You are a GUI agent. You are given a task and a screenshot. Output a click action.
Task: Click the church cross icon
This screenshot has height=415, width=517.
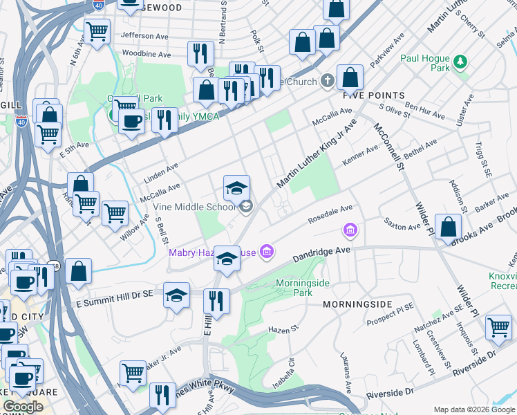pos(326,81)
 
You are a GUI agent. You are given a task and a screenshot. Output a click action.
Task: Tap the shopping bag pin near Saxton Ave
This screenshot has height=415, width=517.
pos(449,226)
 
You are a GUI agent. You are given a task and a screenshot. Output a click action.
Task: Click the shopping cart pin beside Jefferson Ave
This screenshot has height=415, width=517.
pos(97,31)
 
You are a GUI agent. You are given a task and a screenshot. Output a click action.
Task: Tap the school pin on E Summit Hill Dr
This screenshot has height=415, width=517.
pos(177,295)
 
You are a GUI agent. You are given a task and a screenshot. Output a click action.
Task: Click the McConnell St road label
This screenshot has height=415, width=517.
pos(388,146)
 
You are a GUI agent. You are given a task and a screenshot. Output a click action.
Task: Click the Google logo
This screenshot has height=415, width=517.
pos(23,407)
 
